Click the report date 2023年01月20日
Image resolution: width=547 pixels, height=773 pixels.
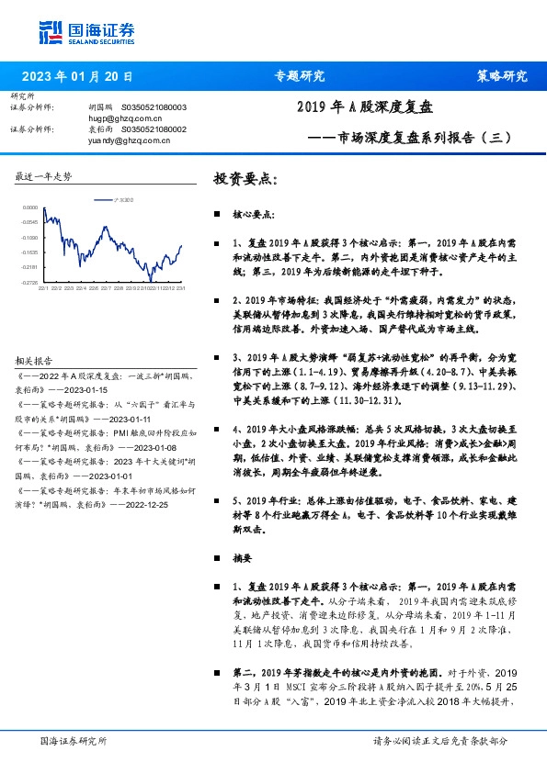77,76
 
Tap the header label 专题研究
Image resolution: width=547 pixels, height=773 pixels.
300,76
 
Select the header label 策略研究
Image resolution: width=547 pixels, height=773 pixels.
502,76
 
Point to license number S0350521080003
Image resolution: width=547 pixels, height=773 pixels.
154,107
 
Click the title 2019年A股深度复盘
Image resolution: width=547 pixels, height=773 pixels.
363,107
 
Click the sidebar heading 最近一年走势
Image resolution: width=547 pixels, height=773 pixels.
44,175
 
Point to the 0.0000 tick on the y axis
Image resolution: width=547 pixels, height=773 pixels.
31,207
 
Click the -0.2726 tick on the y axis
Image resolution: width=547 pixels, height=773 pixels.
30,282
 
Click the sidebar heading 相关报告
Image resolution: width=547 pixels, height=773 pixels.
35,361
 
